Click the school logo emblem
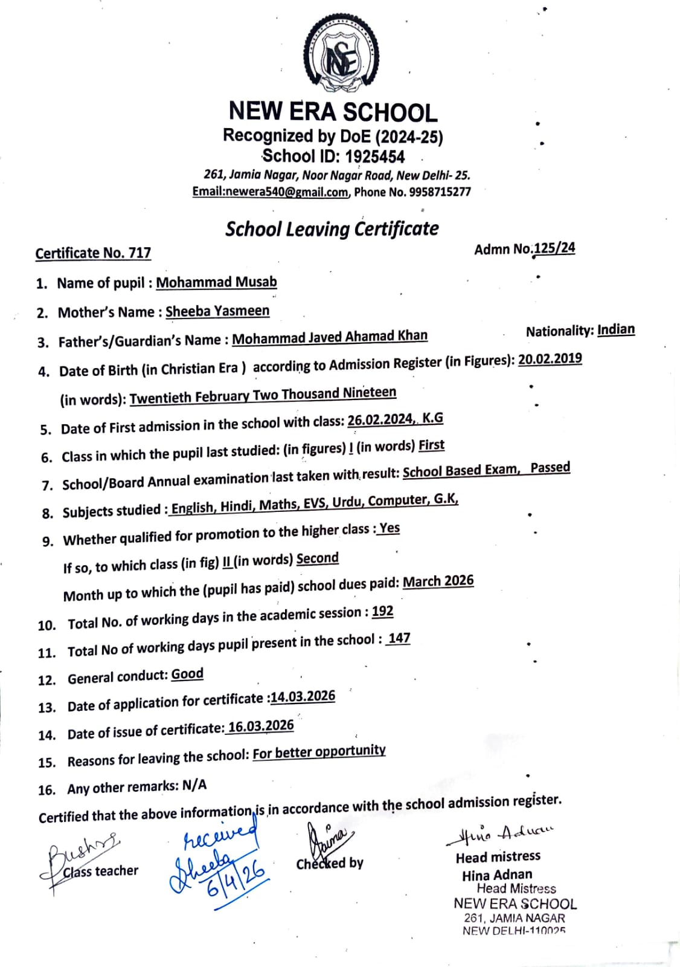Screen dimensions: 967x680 [342, 57]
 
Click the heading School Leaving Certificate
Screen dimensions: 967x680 [332, 229]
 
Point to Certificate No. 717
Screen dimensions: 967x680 [93, 253]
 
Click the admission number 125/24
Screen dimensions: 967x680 [554, 248]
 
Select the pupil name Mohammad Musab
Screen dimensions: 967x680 [216, 282]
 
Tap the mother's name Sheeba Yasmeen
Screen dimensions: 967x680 [217, 311]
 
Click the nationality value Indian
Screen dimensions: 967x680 [616, 329]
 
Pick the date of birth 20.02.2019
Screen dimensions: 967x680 [550, 359]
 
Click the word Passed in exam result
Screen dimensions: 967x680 [550, 468]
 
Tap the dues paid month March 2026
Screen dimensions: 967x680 [438, 581]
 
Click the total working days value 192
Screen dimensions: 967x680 [382, 612]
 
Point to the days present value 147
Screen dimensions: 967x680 [399, 639]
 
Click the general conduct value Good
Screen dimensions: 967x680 [187, 674]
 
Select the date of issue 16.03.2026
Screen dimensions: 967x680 [261, 726]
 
